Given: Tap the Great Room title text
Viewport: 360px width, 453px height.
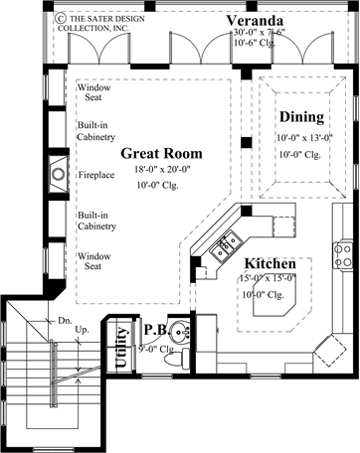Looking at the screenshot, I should coord(162,154).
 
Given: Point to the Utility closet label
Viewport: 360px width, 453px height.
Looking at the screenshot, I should coord(121,375).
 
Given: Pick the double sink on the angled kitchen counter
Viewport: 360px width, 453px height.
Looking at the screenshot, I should coord(226,237).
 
